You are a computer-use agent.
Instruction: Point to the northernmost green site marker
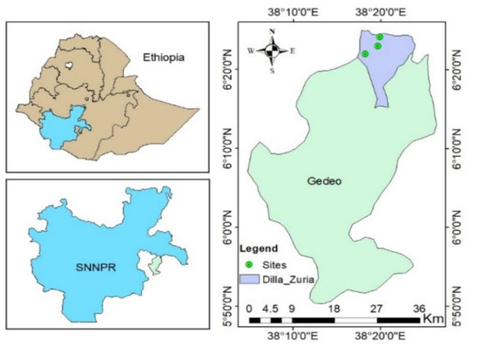380,37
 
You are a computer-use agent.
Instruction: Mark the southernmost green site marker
366,54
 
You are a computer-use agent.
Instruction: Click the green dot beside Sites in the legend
248,264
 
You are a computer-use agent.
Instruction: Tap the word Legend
259,248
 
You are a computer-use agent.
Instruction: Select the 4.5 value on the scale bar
270,308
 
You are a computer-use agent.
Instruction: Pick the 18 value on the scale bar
334,308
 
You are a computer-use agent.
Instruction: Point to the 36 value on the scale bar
418,308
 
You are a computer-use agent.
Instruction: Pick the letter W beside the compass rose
252,51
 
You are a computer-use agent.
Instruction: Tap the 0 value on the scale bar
249,308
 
